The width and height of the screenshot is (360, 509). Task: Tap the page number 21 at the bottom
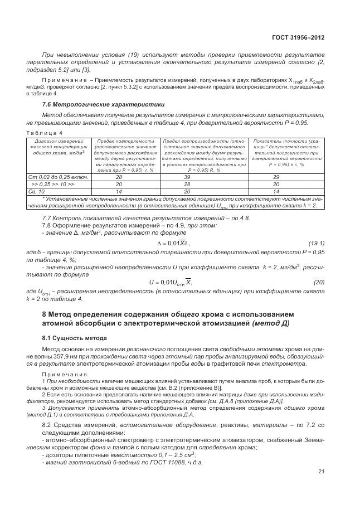pos(321,472)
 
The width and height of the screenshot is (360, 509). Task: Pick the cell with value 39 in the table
pos(203,177)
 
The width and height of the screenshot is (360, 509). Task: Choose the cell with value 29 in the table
pos(286,177)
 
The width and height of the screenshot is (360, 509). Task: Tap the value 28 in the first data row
pos(118,177)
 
